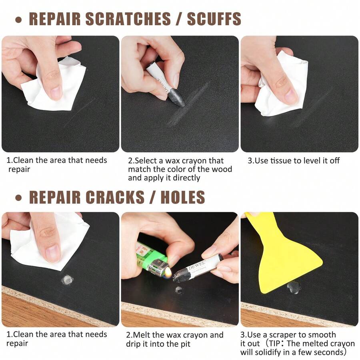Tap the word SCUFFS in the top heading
pyautogui.click(x=214, y=19)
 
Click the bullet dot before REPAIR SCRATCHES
pyautogui.click(x=18, y=20)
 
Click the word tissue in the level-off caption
pyautogui.click(x=282, y=161)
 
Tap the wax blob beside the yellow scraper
pyautogui.click(x=294, y=286)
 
